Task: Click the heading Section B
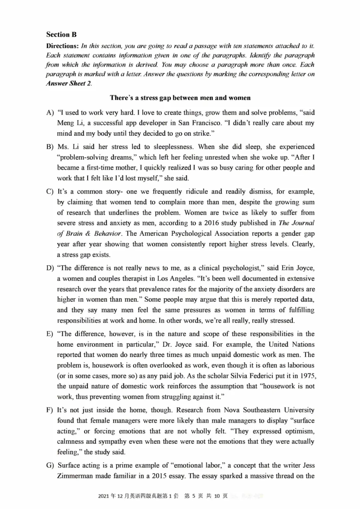pos(61,35)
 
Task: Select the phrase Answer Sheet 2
pos(69,83)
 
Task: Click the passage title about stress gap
pos(180,98)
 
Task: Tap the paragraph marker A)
pos(50,113)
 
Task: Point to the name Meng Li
pos(70,123)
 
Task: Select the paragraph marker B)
pos(50,147)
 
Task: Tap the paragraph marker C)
pos(50,192)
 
